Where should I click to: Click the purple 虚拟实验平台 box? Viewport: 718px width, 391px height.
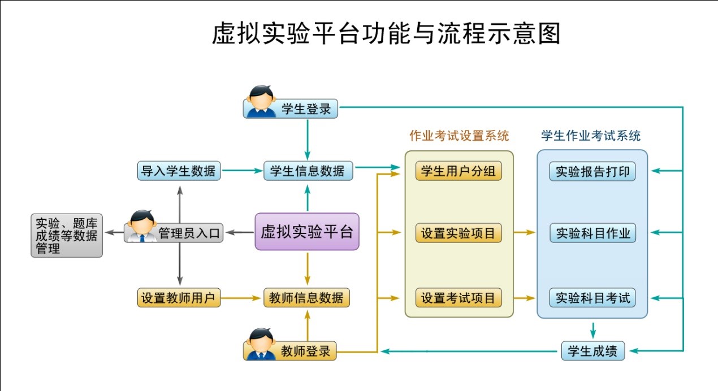pyautogui.click(x=307, y=232)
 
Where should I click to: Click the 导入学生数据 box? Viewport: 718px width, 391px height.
pyautogui.click(x=179, y=171)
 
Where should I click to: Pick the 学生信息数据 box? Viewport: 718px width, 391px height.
pyautogui.click(x=308, y=171)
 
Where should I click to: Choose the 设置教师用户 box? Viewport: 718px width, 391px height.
pyautogui.click(x=179, y=297)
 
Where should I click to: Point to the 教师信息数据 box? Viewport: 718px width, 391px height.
pyautogui.click(x=307, y=297)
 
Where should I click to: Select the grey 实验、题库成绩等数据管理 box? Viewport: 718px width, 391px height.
pyautogui.click(x=67, y=236)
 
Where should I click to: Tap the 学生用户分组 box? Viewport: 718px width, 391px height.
pyautogui.click(x=459, y=171)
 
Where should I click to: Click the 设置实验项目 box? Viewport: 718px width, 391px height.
pyautogui.click(x=459, y=233)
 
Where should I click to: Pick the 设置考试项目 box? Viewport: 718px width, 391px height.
pyautogui.click(x=459, y=297)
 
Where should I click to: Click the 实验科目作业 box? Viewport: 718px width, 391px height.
pyautogui.click(x=592, y=233)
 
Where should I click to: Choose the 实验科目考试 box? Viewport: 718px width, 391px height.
pyautogui.click(x=592, y=297)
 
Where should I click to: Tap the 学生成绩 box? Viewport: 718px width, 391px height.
pyautogui.click(x=592, y=351)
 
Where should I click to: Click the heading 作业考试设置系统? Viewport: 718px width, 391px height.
pyautogui.click(x=459, y=136)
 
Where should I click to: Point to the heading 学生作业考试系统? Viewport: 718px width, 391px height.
pyautogui.click(x=591, y=136)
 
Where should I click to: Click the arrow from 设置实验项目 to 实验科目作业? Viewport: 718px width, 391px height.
pyautogui.click(x=525, y=232)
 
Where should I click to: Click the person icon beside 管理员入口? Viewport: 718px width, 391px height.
pyautogui.click(x=141, y=226)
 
